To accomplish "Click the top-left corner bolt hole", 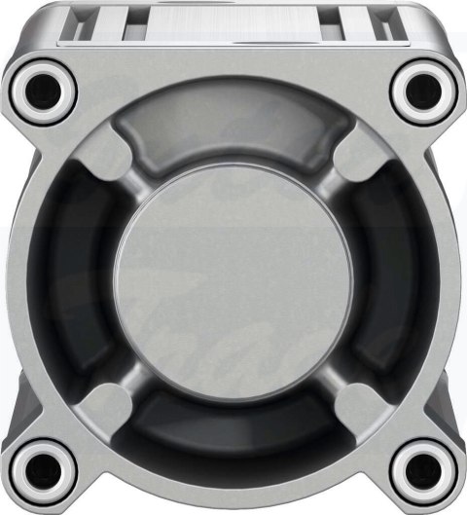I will coord(43,90).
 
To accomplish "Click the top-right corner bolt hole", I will coord(424,90).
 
